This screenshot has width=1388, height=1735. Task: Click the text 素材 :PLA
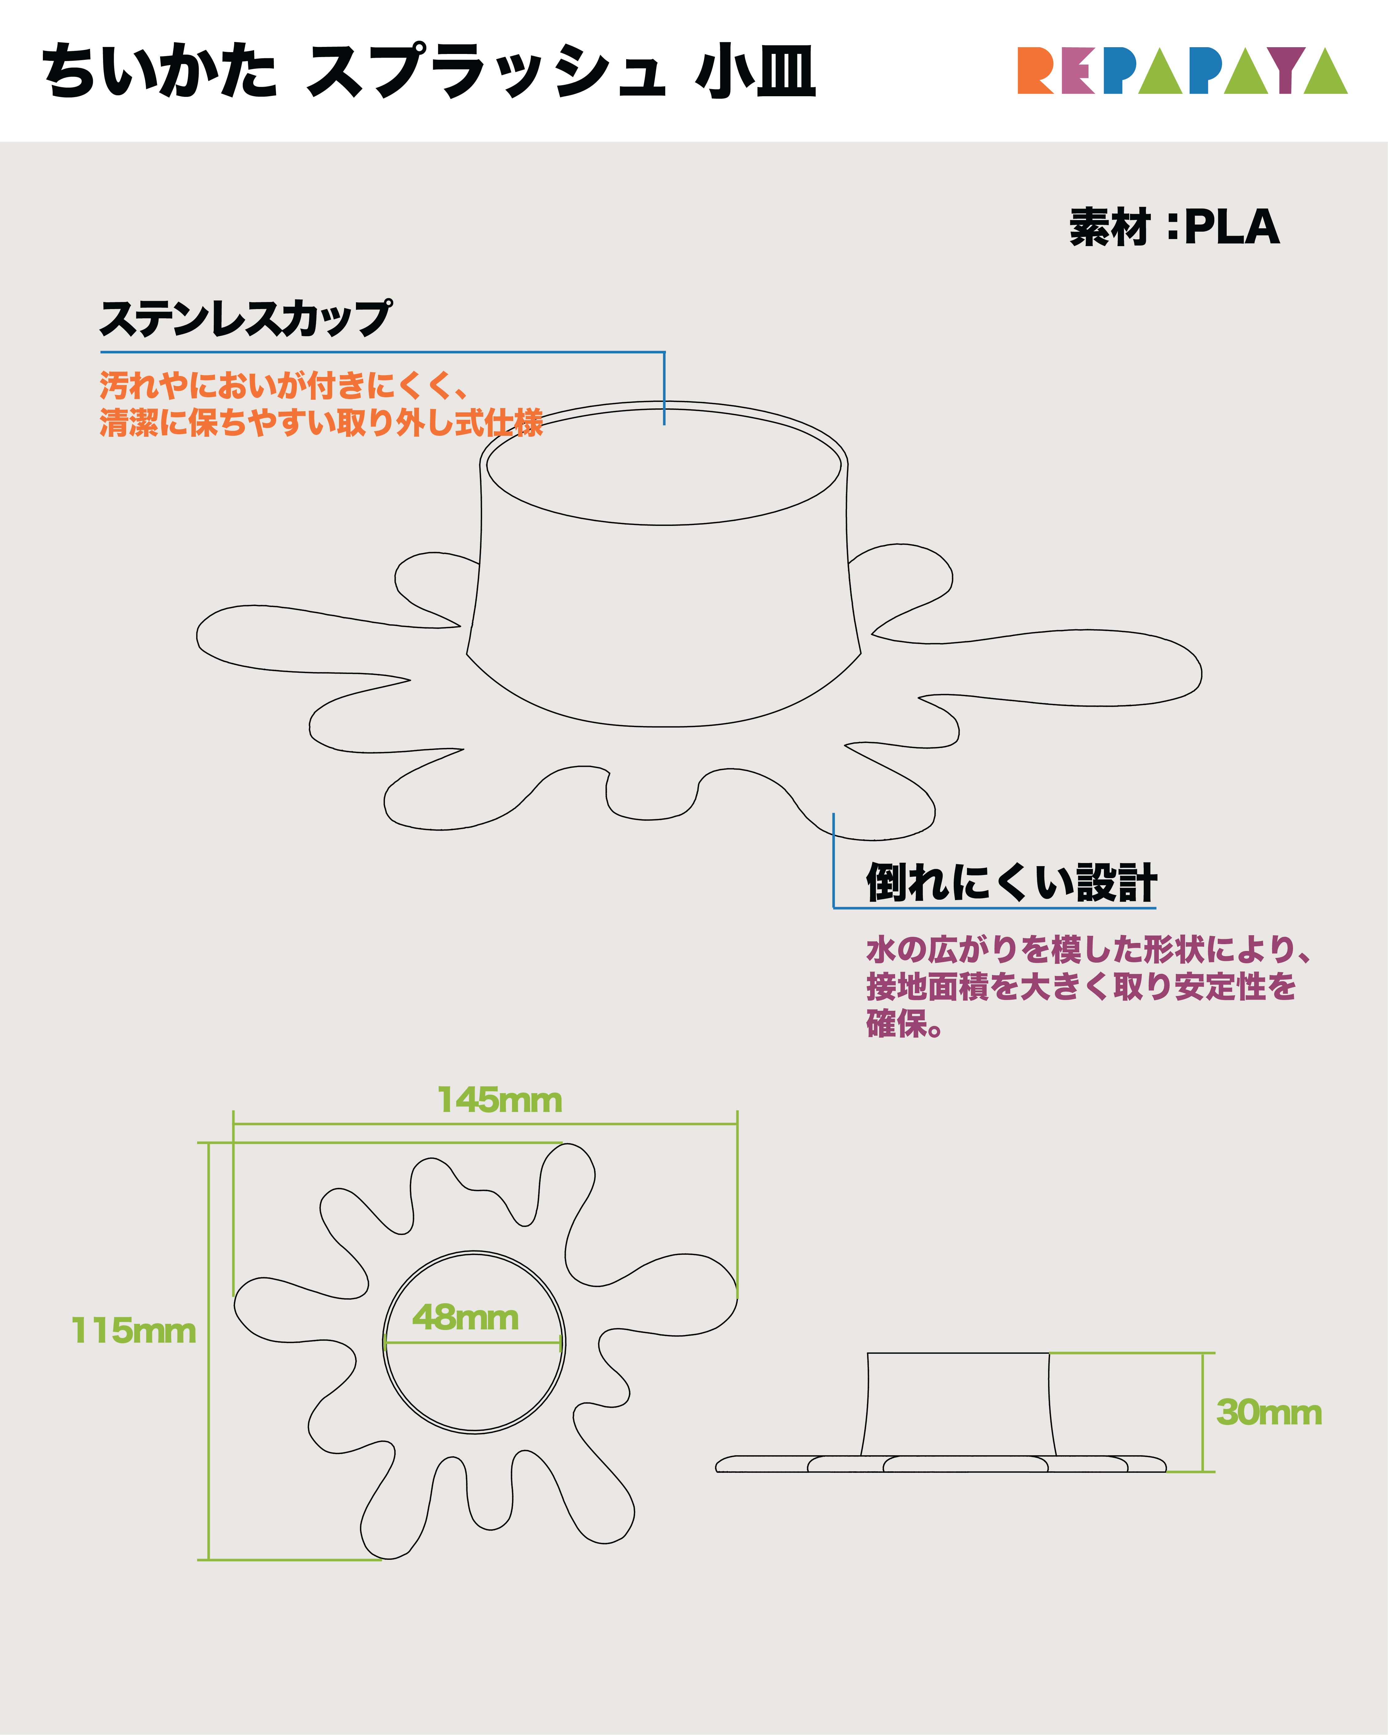coord(1174,227)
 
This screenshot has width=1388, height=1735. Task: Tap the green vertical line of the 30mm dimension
coord(1203,1412)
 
